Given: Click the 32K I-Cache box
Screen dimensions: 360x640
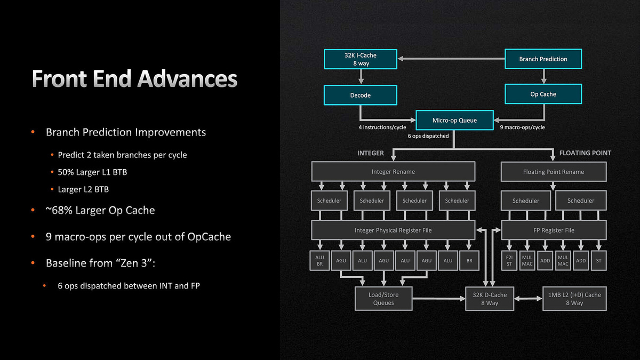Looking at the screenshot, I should [361, 59].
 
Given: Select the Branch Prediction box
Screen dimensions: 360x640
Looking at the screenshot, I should [543, 59].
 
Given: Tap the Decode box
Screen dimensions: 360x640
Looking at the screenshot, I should [361, 95].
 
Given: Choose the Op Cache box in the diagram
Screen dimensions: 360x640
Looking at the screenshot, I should [543, 94].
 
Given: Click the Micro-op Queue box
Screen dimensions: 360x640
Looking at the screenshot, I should [454, 120].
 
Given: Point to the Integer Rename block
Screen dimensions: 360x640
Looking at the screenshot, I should [393, 172].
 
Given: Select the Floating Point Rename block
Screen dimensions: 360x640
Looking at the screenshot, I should [554, 172].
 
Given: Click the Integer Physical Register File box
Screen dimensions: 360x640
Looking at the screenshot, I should [393, 230].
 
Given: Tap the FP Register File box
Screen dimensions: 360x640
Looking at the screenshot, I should [554, 230].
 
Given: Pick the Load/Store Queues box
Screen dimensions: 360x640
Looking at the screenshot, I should [383, 299].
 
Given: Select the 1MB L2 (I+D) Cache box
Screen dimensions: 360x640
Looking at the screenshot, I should [574, 299].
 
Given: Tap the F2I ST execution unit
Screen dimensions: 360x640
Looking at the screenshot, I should [509, 261].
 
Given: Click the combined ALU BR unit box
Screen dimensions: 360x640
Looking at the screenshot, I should [319, 261].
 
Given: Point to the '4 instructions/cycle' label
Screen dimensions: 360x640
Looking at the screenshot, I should [383, 127].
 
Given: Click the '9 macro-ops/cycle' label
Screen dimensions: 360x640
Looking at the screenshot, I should [522, 127].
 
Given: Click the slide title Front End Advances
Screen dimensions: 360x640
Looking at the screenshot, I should [134, 79].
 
